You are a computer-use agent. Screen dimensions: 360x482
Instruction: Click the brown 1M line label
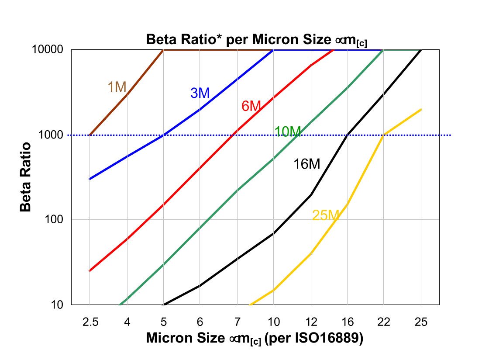(117, 87)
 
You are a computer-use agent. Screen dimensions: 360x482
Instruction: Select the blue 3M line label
(200, 93)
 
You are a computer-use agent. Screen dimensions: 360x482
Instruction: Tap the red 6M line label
(251, 106)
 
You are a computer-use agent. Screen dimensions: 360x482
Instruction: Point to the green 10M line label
(288, 131)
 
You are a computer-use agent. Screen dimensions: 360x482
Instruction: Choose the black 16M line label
(306, 164)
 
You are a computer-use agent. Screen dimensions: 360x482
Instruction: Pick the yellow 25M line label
(326, 215)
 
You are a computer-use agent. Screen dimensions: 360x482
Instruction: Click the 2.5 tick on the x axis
(90, 322)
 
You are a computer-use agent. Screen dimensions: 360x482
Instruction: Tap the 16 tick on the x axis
(348, 322)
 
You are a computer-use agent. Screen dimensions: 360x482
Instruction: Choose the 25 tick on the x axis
(421, 322)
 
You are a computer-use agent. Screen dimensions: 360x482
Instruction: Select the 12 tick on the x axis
(311, 322)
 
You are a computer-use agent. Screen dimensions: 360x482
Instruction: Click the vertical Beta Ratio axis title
(26, 177)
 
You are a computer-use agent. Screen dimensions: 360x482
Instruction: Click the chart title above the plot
(256, 40)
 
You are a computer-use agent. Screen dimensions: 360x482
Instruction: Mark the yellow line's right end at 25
(421, 110)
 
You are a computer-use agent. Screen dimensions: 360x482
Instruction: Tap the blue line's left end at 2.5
(90, 179)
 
